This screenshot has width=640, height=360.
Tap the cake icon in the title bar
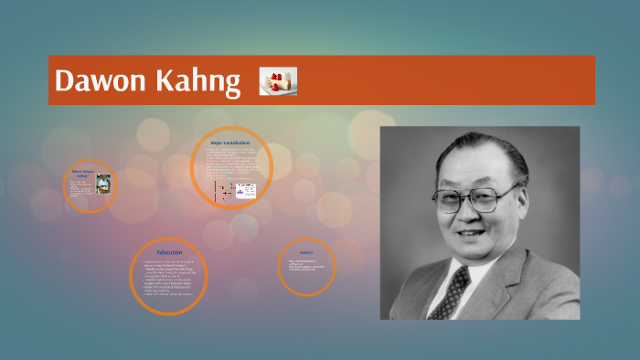coord(278,81)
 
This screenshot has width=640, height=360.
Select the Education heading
coord(169,251)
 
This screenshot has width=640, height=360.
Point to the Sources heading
coord(306,251)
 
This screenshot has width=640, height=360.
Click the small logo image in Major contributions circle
coord(246,191)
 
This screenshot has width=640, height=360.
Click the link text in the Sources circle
coord(306,266)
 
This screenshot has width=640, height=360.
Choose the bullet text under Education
coord(169,279)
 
